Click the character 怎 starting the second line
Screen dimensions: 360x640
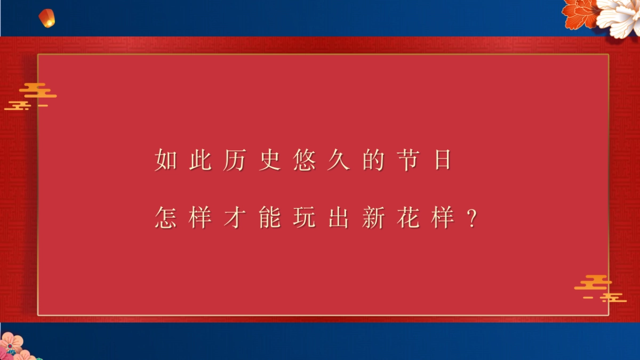(165, 218)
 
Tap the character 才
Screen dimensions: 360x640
(234, 218)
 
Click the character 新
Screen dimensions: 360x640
(373, 218)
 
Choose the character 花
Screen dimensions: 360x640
(407, 218)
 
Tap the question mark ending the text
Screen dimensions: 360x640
(471, 219)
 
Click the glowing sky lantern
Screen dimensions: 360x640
(47, 18)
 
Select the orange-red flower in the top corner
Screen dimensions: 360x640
(581, 13)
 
